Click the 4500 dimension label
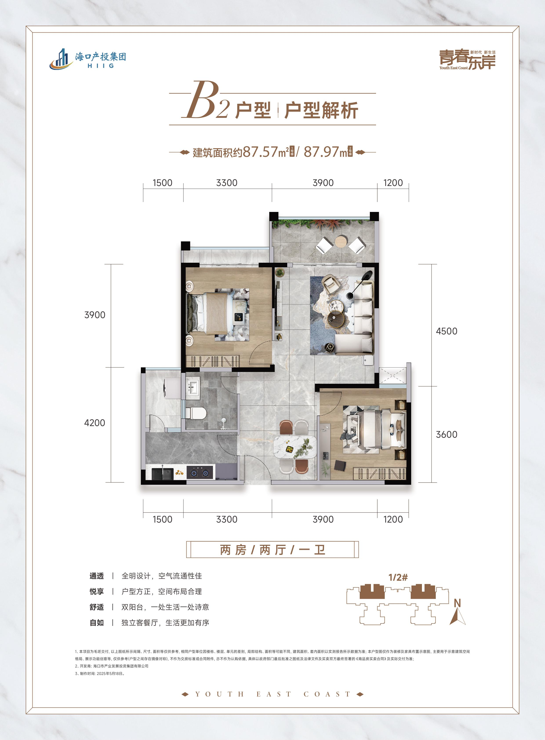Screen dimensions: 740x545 (x=446, y=331)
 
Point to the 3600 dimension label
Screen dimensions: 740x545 (x=446, y=434)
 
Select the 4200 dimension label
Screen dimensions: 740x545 (x=95, y=423)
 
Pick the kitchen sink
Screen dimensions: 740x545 (x=163, y=473)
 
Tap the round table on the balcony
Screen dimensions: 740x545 (x=341, y=242)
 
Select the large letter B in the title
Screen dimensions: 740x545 (x=202, y=100)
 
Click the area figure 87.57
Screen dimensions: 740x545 (x=260, y=152)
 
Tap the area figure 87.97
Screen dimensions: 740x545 (x=321, y=152)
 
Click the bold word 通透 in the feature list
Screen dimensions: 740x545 (x=97, y=576)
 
